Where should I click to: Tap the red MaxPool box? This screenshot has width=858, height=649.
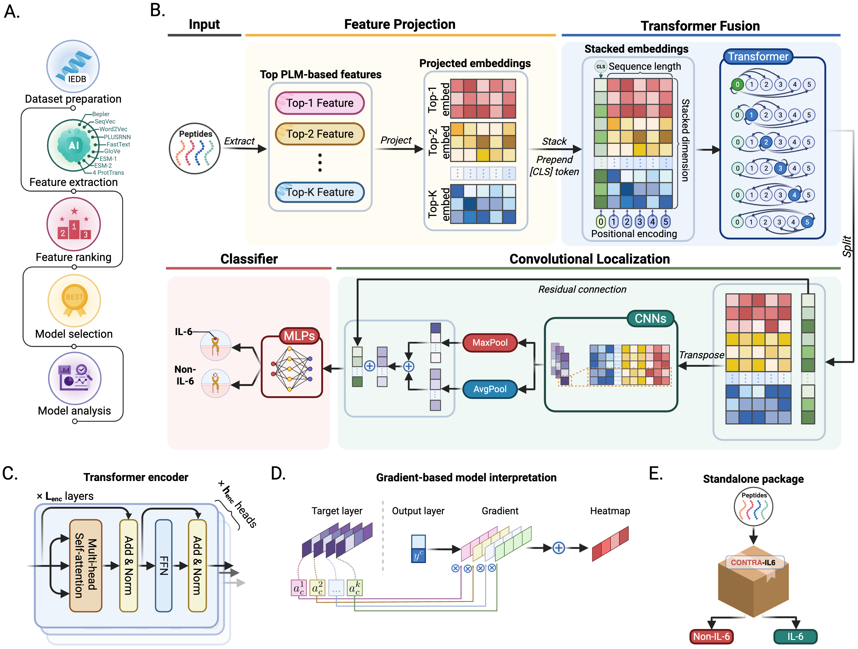490,342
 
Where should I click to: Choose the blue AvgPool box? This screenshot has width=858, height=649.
490,389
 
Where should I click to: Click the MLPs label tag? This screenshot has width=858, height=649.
299,336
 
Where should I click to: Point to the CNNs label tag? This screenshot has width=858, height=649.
651,319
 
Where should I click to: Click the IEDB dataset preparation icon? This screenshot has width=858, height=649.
73,66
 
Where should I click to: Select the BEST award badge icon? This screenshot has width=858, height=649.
74,301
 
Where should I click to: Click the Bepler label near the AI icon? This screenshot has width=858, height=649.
101,114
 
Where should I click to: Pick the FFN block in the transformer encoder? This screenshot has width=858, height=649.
163,566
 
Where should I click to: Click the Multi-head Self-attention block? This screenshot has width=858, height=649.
86,566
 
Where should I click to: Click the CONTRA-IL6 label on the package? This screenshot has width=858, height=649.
753,563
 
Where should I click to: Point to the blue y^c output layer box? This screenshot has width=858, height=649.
418,548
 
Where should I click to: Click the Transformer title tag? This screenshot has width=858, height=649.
758,57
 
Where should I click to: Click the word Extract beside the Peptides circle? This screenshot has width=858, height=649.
239,141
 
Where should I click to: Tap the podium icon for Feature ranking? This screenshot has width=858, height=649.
74,224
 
